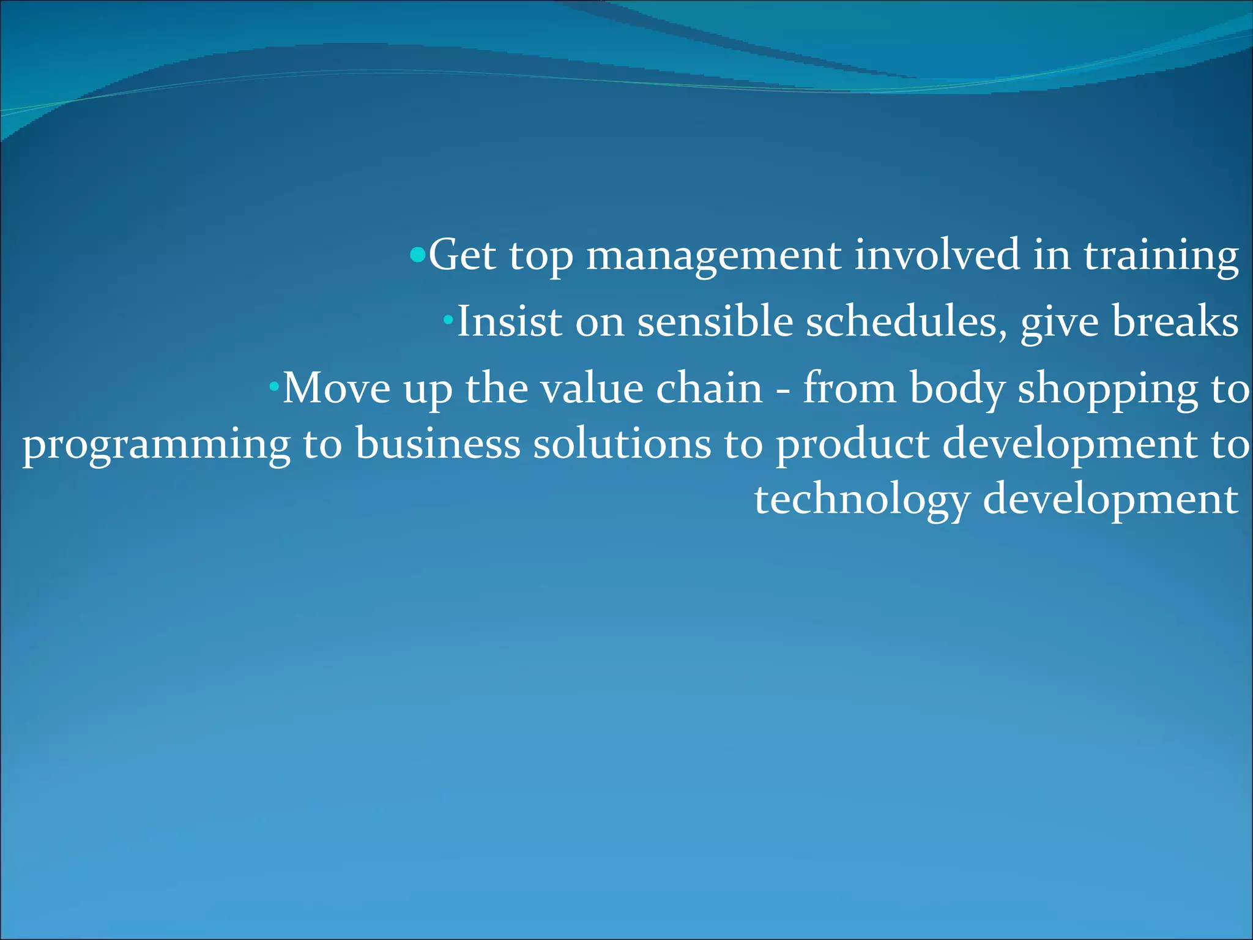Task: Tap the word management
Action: pyautogui.click(x=713, y=256)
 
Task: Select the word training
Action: pyautogui.click(x=1161, y=256)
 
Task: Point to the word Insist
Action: pyautogui.click(x=509, y=321)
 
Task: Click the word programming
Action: pyautogui.click(x=157, y=446)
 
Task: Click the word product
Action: pyautogui.click(x=853, y=444)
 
